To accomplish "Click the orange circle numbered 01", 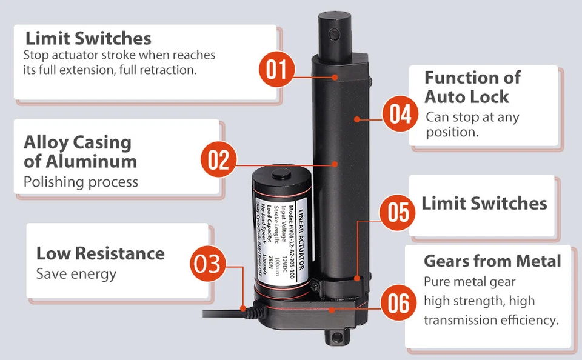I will point(276,70).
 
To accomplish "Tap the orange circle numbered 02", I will point(218,161).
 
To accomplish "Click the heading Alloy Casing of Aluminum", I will point(80,152).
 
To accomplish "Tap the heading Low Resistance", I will point(100,253).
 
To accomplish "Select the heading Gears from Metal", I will point(492,261).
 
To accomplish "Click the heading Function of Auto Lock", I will point(472,87).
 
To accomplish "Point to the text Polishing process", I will point(81,182).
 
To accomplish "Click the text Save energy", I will point(76,274).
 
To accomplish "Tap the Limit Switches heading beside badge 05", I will point(484,204).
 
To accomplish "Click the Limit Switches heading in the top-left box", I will point(88,39).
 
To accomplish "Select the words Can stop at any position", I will point(472,124).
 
